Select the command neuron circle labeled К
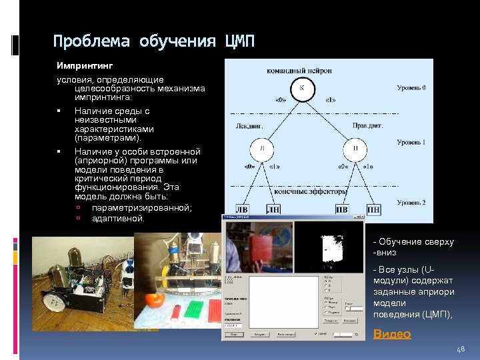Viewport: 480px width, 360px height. tap(301, 89)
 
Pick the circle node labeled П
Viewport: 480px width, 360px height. tap(355, 147)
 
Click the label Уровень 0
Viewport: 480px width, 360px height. tap(411, 87)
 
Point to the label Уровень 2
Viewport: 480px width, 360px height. tap(411, 202)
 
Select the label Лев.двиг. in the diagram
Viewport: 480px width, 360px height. tap(250, 125)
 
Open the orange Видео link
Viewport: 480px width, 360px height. tap(392, 334)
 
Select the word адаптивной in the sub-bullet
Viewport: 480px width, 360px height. tap(118, 219)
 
